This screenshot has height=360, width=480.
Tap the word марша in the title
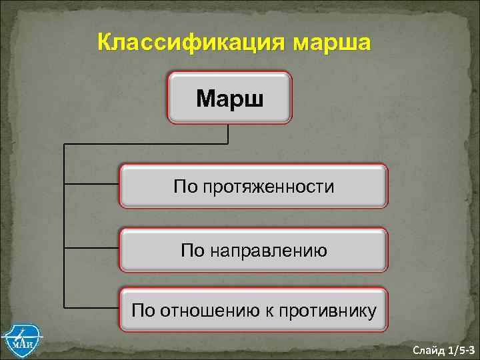[x=328, y=43]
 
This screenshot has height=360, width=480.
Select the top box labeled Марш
[x=230, y=98]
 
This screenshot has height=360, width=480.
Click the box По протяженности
[x=253, y=186]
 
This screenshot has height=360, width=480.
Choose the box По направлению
[x=253, y=250]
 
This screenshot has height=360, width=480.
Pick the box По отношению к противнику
[x=253, y=309]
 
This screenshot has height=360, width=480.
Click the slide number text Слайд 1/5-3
[x=443, y=349]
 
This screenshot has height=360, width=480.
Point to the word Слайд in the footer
[x=426, y=349]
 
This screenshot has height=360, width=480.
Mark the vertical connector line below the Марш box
[x=229, y=134]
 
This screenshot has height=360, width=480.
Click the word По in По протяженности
[x=184, y=187]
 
